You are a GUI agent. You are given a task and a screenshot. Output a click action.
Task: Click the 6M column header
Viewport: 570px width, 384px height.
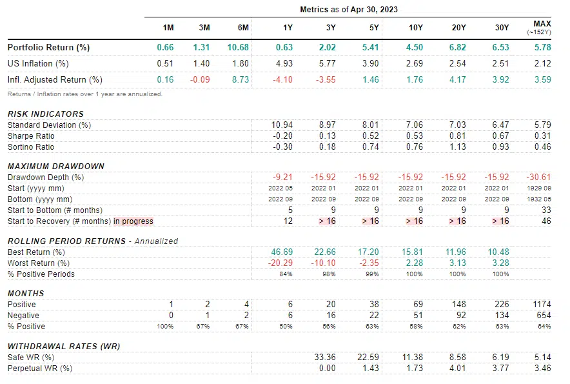[244, 28]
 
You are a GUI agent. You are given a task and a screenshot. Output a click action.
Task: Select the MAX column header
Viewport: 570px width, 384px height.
[542, 24]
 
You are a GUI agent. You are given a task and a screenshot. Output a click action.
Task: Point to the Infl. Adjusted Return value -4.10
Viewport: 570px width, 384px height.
[282, 80]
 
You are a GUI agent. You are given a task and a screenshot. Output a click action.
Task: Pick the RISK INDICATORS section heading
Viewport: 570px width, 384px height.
[46, 114]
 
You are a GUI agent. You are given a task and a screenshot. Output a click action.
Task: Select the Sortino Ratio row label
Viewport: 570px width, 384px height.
[31, 147]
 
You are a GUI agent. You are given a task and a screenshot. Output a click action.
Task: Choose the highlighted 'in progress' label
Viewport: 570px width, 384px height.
[133, 221]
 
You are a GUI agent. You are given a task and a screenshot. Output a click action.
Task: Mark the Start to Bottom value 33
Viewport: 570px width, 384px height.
[546, 210]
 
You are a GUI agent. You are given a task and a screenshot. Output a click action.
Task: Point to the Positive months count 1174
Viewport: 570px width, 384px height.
[542, 305]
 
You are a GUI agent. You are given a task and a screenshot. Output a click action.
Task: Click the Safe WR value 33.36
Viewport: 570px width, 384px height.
[325, 358]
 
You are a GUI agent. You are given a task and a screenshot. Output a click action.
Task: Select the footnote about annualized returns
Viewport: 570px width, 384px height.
[85, 94]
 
